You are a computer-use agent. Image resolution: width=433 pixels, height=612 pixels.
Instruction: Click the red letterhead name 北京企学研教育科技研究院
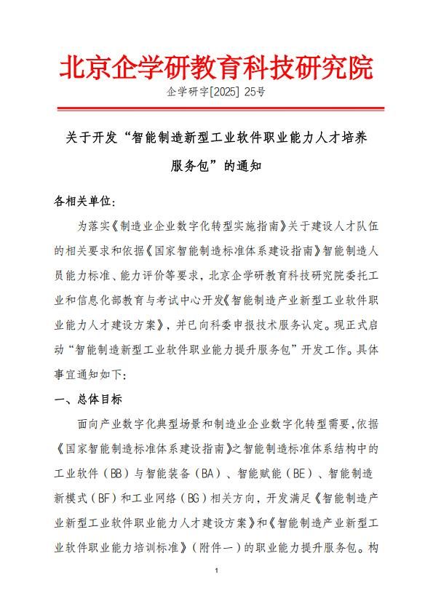pyautogui.click(x=216, y=67)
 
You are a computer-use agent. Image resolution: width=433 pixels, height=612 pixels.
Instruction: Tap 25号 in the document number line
pyautogui.click(x=255, y=92)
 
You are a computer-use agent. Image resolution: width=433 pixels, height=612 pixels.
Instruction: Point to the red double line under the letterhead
pyautogui.click(x=216, y=109)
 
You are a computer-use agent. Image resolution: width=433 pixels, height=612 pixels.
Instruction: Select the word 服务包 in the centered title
pyautogui.click(x=188, y=166)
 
